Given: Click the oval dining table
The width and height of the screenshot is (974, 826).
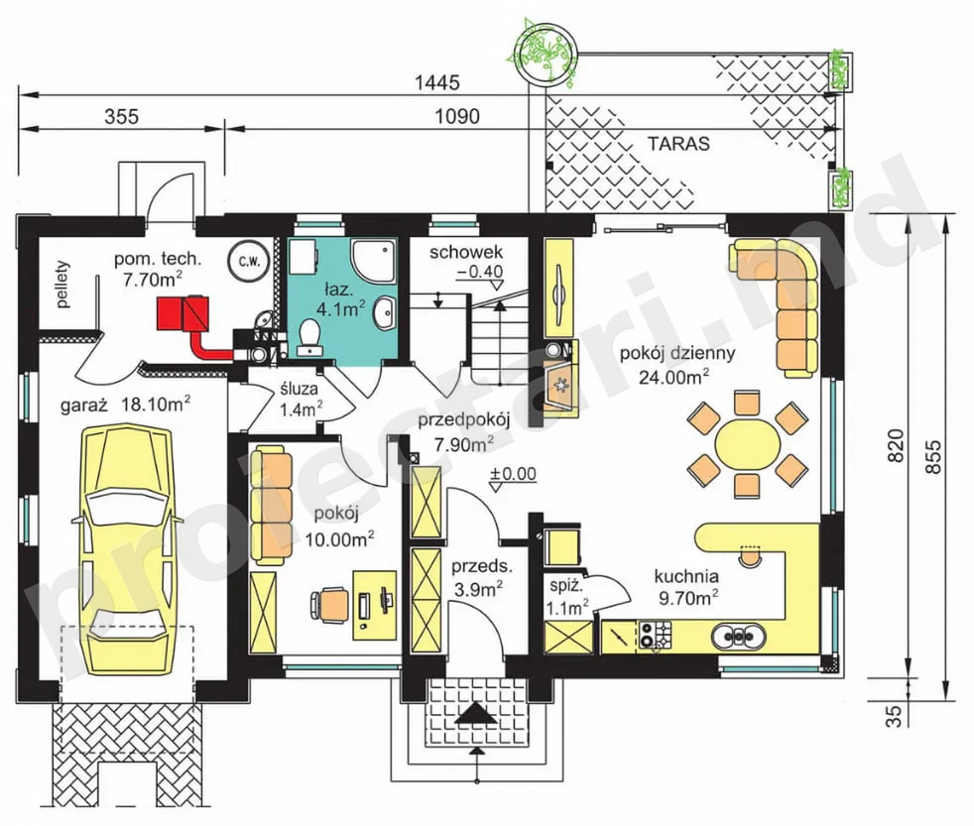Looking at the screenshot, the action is [747, 444].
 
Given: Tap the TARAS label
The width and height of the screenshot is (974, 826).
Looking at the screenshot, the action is [678, 144].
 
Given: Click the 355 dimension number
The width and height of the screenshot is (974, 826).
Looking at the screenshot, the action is [121, 116].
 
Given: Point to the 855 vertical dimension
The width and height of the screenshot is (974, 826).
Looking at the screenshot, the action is [933, 458].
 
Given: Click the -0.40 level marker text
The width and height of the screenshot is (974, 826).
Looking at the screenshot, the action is [479, 272].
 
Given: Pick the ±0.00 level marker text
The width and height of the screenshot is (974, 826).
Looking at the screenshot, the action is [513, 473].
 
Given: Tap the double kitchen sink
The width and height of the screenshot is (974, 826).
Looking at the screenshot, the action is [738, 636].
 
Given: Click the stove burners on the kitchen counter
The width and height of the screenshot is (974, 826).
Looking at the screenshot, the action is [656, 635].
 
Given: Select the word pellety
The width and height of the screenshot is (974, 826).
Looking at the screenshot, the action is [62, 285].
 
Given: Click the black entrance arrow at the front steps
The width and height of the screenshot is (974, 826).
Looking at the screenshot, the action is [476, 713].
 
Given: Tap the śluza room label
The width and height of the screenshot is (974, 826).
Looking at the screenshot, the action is [299, 389].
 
